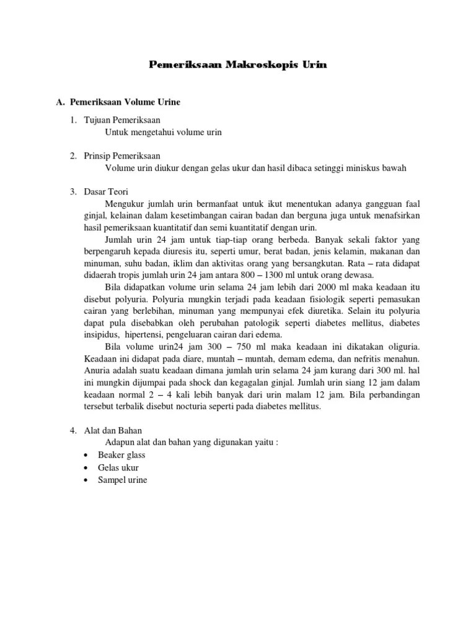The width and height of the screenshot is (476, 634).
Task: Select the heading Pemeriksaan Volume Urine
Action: (125, 102)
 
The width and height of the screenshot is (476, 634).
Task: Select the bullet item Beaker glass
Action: (121, 454)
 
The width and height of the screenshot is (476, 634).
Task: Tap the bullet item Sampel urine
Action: (122, 480)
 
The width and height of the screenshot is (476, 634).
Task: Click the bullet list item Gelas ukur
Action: (118, 467)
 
